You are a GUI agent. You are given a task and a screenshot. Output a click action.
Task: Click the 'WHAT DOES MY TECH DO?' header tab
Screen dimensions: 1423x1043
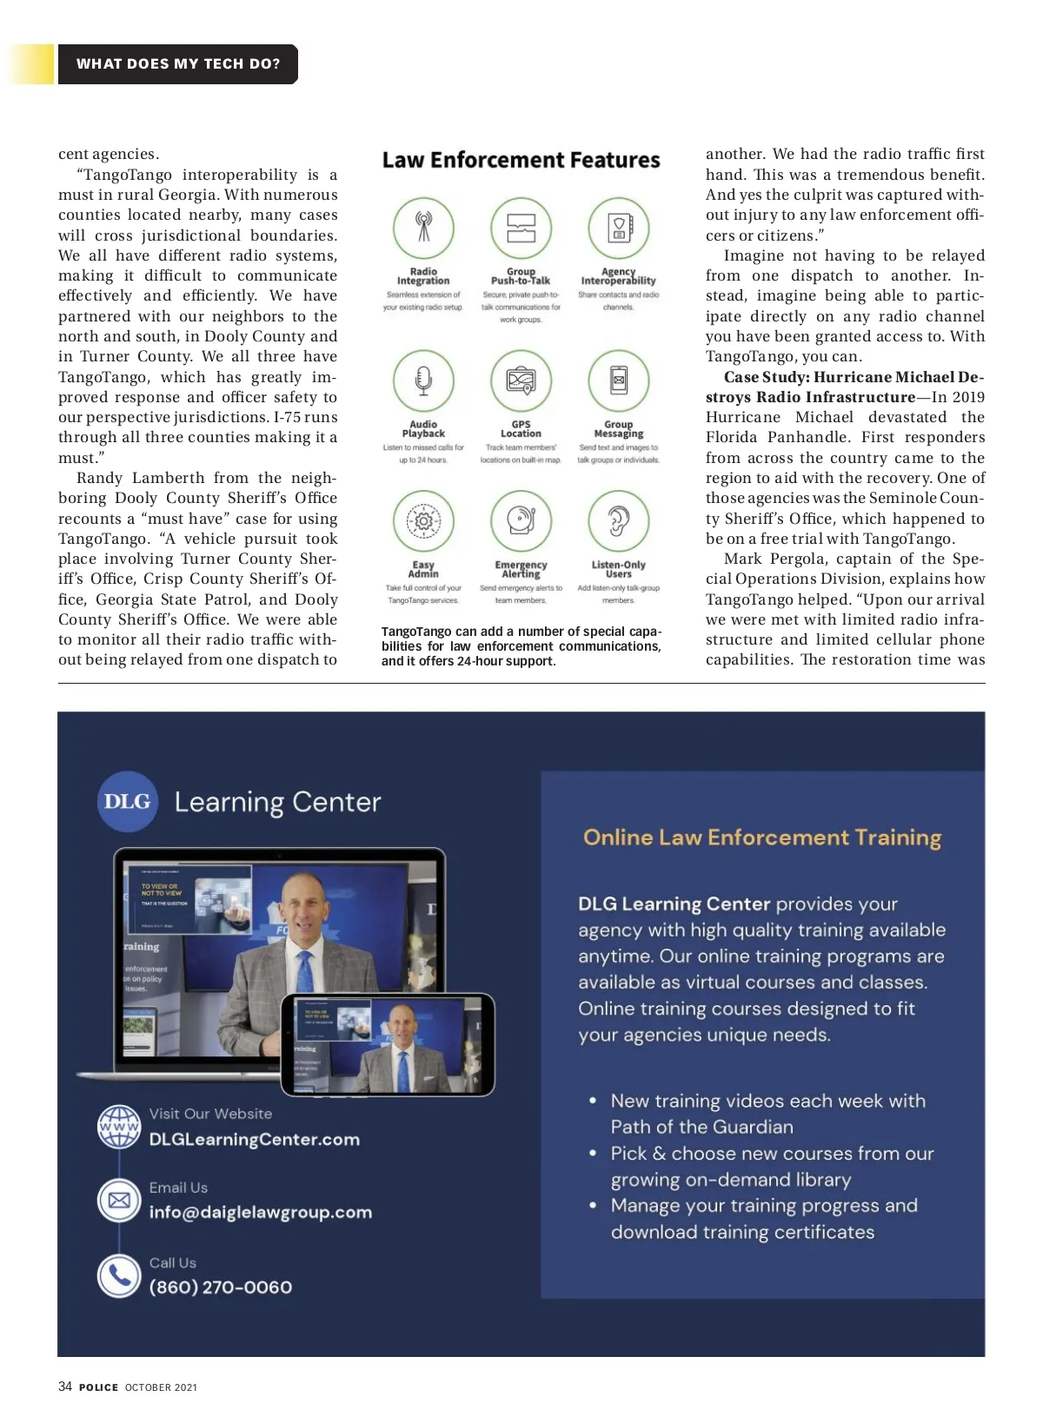178,64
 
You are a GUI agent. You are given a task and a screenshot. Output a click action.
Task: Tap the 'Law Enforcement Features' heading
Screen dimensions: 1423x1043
521,161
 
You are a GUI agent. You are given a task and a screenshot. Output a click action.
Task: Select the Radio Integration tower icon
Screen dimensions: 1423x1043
423,228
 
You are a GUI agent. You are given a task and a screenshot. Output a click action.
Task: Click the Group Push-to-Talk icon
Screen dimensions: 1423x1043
521,228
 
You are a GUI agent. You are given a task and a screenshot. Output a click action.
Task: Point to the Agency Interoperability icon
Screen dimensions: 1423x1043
618,228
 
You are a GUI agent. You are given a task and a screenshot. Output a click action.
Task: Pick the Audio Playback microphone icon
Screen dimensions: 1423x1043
423,381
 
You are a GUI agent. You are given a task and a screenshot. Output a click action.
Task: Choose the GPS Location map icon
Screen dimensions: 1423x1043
521,381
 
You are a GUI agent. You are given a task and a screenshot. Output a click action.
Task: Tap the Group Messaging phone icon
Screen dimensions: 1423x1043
618,381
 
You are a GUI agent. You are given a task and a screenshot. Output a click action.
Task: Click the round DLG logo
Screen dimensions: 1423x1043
127,802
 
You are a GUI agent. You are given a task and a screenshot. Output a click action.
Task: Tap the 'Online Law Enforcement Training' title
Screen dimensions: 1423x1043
762,837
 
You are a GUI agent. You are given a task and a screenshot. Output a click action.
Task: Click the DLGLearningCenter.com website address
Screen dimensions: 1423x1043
254,1140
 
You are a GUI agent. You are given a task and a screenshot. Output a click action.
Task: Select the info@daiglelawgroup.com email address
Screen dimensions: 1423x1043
260,1213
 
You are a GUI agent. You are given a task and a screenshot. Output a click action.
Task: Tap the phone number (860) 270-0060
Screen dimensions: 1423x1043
221,1287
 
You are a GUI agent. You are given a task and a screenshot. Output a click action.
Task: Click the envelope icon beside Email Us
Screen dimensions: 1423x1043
119,1201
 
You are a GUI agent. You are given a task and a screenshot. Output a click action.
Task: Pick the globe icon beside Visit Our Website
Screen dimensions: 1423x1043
119,1127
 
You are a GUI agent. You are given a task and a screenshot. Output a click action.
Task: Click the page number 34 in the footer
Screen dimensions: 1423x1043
65,1387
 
